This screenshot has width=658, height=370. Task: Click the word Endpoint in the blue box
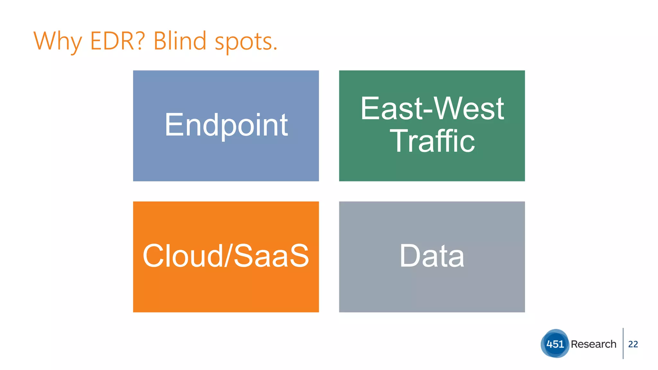[226, 125]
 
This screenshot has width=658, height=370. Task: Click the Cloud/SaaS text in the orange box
[226, 256]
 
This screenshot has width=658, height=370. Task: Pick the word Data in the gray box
[432, 256]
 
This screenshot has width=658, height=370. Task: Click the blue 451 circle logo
[555, 344]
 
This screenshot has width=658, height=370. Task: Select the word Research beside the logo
[593, 344]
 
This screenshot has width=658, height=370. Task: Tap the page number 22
[633, 344]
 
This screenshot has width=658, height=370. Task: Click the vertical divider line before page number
[623, 343]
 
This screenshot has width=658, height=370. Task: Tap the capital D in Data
[410, 256]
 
